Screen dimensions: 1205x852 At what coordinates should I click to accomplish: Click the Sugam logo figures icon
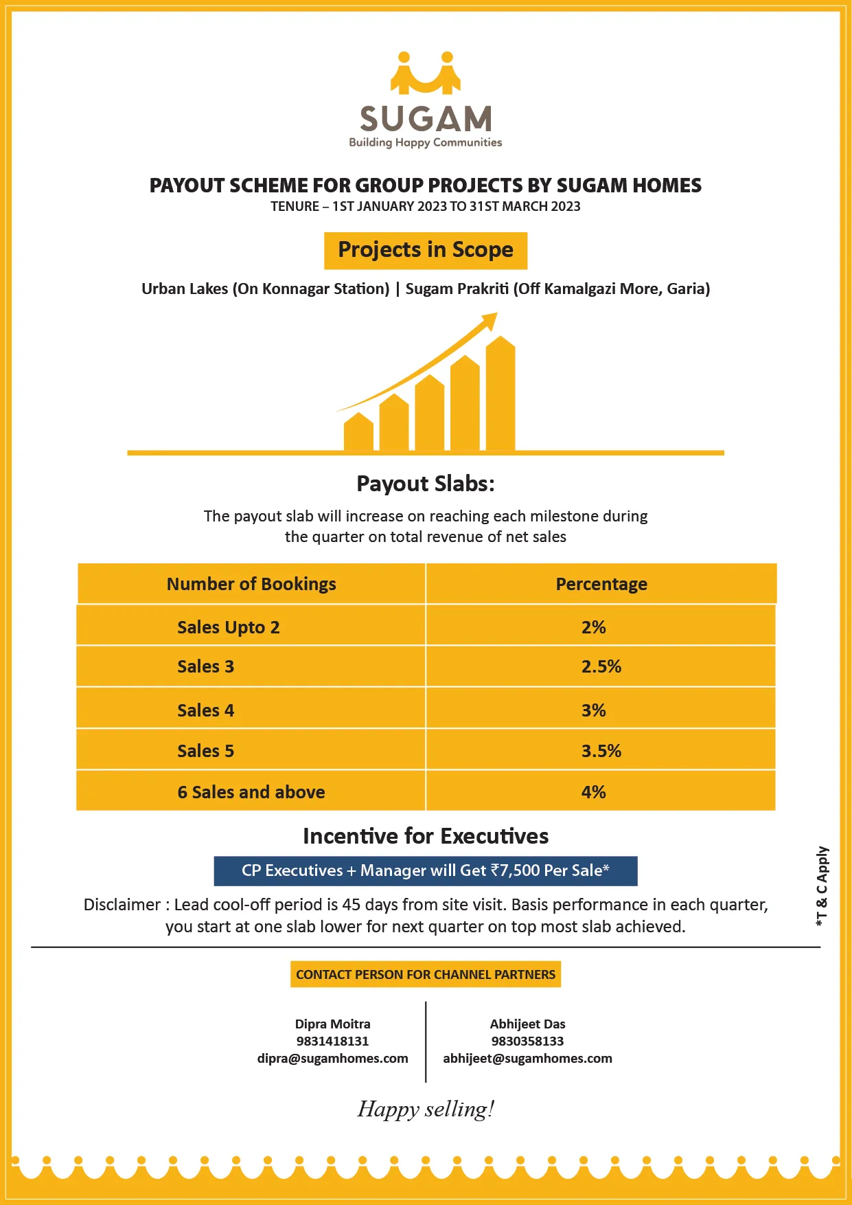(426, 72)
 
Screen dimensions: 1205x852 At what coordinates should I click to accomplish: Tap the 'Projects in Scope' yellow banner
(426, 250)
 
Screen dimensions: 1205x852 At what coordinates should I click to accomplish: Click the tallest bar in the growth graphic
(500, 395)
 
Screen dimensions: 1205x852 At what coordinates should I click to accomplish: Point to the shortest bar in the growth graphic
(358, 432)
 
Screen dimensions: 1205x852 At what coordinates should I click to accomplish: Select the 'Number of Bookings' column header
(251, 584)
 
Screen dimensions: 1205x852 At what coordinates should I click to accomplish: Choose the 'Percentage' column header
(601, 584)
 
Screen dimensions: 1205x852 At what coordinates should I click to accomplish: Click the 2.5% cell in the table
(601, 666)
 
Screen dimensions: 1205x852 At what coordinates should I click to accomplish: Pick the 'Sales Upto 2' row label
(228, 627)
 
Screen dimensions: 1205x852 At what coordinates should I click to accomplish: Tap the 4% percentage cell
(593, 792)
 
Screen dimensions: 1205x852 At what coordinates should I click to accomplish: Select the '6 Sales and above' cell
(251, 792)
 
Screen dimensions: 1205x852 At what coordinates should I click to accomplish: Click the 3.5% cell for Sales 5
(601, 751)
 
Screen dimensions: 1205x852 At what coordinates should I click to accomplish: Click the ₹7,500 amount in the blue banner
(515, 870)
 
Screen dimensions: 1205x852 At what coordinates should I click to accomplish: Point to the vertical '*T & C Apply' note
(822, 886)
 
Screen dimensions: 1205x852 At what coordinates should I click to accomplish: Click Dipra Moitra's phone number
(332, 1041)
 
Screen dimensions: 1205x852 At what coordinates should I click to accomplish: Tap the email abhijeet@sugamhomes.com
(527, 1058)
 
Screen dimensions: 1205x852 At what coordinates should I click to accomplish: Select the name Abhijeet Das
(527, 1024)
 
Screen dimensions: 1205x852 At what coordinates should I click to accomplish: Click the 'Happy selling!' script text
(426, 1109)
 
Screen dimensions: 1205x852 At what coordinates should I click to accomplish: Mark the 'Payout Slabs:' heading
(426, 484)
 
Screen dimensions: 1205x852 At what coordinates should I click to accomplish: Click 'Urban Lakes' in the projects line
(185, 289)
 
